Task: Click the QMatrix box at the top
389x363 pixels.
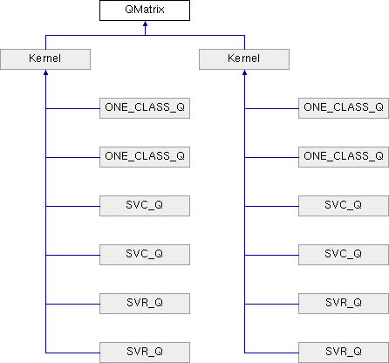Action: (x=145, y=10)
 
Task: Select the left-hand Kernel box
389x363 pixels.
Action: (x=45, y=59)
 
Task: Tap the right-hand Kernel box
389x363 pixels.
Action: (x=244, y=59)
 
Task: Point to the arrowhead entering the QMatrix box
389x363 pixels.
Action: (x=145, y=24)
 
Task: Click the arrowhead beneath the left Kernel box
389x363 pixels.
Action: (x=45, y=72)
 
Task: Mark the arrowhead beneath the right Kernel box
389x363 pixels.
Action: (x=244, y=72)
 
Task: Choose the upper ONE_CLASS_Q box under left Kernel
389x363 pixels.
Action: (x=145, y=108)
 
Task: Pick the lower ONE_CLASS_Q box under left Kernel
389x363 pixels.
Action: (x=145, y=157)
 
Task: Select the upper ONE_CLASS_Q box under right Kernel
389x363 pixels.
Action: (x=344, y=108)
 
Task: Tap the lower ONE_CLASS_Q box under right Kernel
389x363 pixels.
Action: (x=344, y=157)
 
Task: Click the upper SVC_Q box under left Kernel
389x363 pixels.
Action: (x=145, y=206)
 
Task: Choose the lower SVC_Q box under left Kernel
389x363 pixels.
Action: (x=145, y=255)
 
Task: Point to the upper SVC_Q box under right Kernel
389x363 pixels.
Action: (x=344, y=206)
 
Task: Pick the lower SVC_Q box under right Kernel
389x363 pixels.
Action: (x=344, y=255)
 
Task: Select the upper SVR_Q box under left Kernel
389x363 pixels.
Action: (x=145, y=304)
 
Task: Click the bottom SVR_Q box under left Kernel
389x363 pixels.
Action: (x=145, y=353)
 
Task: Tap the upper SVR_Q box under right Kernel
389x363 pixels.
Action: (x=344, y=304)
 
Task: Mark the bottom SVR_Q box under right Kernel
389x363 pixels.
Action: (x=344, y=353)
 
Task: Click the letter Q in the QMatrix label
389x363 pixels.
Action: (x=129, y=10)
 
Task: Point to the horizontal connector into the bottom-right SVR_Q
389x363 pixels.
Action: (x=271, y=353)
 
